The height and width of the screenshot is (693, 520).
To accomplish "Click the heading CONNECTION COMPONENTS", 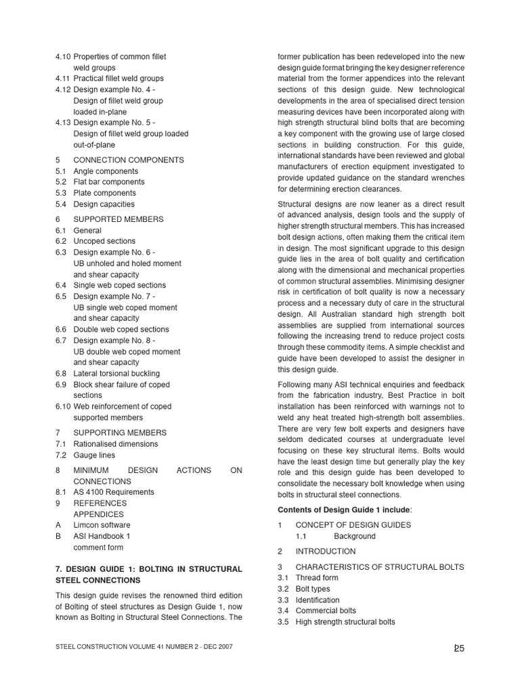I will pos(128,160).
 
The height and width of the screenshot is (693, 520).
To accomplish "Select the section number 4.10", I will pos(63,57).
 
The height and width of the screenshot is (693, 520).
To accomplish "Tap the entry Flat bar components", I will pos(108,182).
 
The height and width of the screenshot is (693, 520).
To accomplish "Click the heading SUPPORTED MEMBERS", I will pos(118,219).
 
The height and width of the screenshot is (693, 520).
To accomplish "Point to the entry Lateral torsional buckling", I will pos(116,374).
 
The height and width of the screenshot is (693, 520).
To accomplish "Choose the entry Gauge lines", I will pos(94,455).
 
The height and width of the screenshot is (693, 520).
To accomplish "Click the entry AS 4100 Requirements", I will pos(114,492).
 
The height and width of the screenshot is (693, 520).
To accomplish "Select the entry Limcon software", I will pos(102,525).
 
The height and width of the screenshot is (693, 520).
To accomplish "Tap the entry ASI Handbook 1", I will pos(102,536).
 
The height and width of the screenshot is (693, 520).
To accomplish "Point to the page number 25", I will pos(459,648).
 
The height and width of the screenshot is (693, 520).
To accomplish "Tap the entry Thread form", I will pos(316,578).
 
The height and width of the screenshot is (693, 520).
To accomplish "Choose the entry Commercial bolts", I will pos(325,610).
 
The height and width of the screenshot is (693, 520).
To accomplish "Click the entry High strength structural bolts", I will pos(345,622).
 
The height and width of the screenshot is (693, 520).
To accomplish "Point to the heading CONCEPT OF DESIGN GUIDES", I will pos(353,525).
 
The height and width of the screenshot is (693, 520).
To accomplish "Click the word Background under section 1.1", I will pos(354,536).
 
